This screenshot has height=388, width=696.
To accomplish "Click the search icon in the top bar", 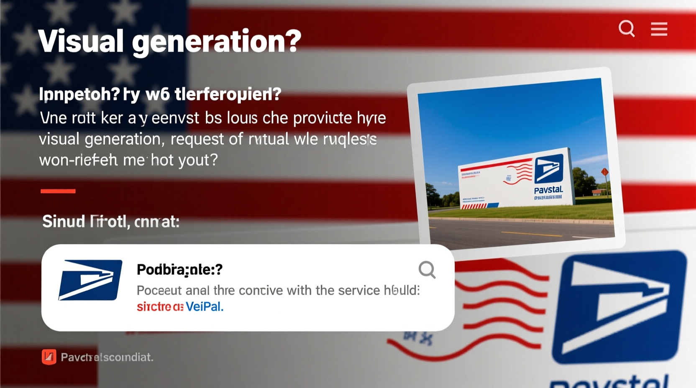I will [x=627, y=29].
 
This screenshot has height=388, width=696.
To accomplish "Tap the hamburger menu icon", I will [x=659, y=29].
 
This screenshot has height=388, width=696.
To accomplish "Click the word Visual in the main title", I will [x=81, y=41].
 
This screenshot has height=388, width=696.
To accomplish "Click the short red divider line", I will [x=58, y=191].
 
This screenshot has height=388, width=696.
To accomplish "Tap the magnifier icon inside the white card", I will [x=427, y=270].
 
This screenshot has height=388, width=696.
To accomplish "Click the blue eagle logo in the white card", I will [x=90, y=280].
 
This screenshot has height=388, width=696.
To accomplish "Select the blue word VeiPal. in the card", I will [x=205, y=307].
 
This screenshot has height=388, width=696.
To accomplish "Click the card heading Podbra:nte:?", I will [x=179, y=270].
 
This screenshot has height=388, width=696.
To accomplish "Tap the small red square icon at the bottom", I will [x=49, y=357].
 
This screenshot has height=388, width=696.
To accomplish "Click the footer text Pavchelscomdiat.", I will [x=107, y=357].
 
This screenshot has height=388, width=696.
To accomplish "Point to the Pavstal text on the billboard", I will [x=548, y=190].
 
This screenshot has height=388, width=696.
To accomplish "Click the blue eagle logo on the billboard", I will [x=548, y=169].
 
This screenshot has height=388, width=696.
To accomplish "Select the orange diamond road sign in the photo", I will [x=604, y=172].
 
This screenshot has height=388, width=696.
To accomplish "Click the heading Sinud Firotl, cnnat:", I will [x=110, y=222].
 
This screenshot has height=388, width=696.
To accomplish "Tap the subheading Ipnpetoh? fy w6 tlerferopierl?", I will [x=160, y=94].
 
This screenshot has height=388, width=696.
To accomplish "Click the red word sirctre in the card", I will [x=154, y=307].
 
